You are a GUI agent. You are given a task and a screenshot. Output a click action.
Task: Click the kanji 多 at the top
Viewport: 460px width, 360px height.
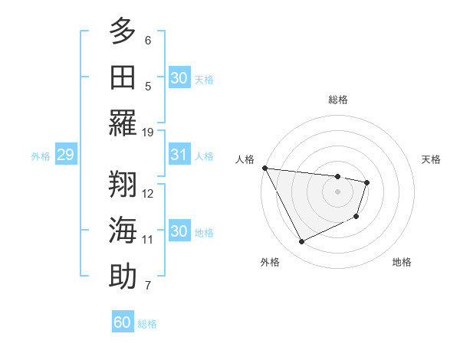pos(123,33)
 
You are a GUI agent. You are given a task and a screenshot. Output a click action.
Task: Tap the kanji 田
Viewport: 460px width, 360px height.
pos(123,77)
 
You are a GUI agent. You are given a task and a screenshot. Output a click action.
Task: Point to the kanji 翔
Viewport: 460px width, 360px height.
pos(123,185)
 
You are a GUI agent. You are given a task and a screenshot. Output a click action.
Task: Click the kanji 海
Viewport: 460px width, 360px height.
pos(123,231)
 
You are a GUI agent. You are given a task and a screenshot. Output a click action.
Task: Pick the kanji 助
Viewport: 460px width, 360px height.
pos(123,277)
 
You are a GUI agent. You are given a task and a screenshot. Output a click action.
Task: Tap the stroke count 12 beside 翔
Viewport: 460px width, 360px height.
pos(149,193)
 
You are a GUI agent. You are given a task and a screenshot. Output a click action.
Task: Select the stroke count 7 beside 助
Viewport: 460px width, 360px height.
pos(148,286)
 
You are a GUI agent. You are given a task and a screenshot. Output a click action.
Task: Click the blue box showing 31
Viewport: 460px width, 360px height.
pos(179,155)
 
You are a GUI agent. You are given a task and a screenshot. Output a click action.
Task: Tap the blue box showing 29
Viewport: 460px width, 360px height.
pos(65,155)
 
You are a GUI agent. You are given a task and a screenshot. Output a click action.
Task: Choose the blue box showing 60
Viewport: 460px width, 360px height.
pos(123,322)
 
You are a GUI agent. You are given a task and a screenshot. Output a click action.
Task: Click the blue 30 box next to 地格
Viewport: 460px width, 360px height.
pos(179,231)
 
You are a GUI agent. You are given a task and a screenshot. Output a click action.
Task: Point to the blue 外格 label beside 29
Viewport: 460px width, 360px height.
pos(41,156)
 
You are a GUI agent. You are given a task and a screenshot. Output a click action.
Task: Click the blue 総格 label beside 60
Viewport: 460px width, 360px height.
pos(147,324)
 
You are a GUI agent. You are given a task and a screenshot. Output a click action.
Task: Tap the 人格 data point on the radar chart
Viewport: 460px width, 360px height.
pos(264,168)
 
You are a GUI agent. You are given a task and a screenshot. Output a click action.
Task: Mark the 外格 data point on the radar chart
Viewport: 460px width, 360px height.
pos(301,242)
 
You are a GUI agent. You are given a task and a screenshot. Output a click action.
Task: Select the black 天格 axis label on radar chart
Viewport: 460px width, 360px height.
pos(431,159)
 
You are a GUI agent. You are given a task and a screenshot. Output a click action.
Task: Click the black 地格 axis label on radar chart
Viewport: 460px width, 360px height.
pos(402,262)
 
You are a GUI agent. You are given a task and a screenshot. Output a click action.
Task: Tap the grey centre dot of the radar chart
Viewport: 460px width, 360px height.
pos(337,191)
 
